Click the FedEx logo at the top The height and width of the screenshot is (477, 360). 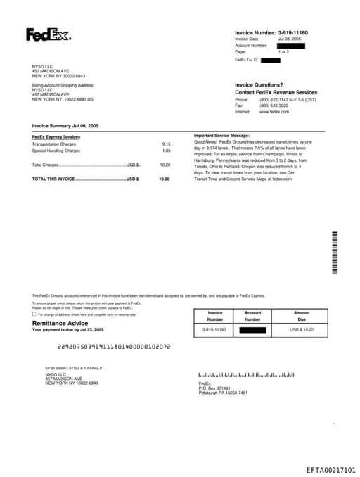point(49,34)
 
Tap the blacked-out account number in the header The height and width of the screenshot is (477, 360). point(290,46)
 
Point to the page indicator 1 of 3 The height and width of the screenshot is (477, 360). point(283,52)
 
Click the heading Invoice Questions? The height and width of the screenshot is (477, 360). point(259,84)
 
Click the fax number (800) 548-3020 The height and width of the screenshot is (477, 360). point(274,106)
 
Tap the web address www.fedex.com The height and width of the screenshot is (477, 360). point(274,112)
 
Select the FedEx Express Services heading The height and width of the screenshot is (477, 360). point(56,136)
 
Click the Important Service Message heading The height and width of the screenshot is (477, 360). point(221,135)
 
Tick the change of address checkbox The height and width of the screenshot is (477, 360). point(34,314)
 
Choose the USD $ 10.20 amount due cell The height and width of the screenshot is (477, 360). point(302,329)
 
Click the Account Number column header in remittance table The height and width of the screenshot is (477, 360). point(252,316)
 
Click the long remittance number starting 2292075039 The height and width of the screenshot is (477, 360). point(113,347)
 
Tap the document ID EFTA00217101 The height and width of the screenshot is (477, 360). point(331,469)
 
